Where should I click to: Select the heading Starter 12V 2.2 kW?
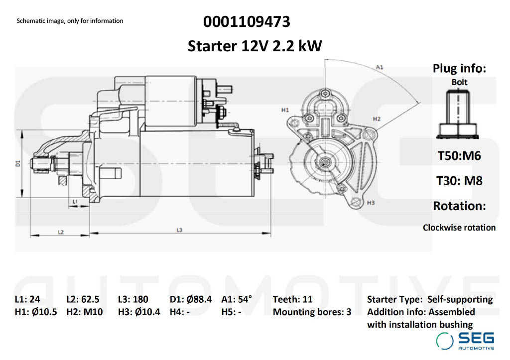(x=255, y=46)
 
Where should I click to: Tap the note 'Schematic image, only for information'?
(x=70, y=21)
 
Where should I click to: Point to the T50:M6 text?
(x=459, y=156)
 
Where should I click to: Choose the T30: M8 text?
(x=459, y=180)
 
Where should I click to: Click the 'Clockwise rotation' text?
(x=459, y=228)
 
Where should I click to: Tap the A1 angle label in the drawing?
(x=379, y=67)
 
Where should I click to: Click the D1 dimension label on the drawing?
(x=17, y=163)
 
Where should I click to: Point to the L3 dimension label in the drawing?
(x=180, y=230)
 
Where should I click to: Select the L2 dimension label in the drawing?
(x=60, y=232)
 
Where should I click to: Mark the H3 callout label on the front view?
(x=371, y=203)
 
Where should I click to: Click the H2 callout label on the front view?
(x=377, y=119)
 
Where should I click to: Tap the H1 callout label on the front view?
(x=285, y=109)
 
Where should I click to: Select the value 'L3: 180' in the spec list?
(x=133, y=299)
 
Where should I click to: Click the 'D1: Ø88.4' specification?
(x=191, y=299)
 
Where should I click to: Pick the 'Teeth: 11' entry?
(x=292, y=299)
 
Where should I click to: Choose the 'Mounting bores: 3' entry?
(x=312, y=312)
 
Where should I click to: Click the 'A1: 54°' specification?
(x=237, y=299)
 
